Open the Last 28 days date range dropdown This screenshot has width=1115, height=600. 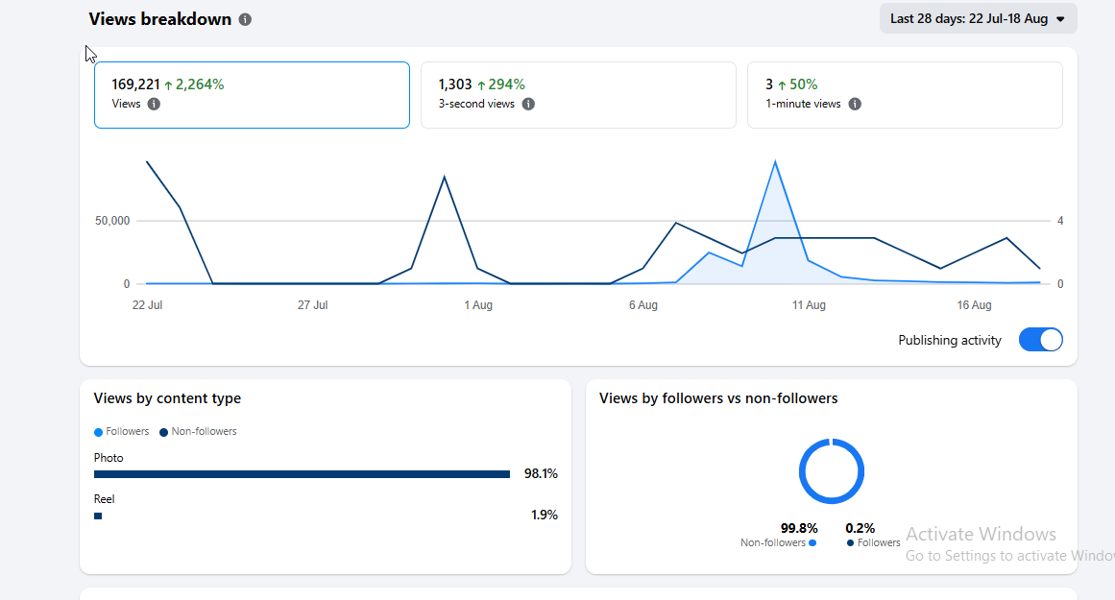978,18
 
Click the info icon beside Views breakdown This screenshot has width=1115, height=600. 245,19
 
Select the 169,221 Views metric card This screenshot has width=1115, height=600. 252,94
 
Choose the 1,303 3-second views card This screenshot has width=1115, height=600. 578,94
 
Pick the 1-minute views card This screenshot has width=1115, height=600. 905,94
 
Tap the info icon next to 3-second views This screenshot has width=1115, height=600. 528,104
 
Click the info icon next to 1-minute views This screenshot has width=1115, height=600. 855,104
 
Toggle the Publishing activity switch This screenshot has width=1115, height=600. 1040,340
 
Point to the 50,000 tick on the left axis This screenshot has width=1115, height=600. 112,221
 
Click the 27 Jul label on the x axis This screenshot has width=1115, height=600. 312,305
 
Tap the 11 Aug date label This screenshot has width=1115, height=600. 809,305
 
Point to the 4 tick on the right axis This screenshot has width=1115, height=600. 1060,221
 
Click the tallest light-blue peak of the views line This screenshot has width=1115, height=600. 775,162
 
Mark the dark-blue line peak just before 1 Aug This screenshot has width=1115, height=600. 445,177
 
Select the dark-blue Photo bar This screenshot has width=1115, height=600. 302,474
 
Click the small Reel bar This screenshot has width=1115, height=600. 98,516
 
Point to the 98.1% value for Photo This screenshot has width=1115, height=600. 541,473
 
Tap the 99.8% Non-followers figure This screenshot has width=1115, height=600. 799,528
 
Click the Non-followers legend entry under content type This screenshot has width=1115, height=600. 199,431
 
